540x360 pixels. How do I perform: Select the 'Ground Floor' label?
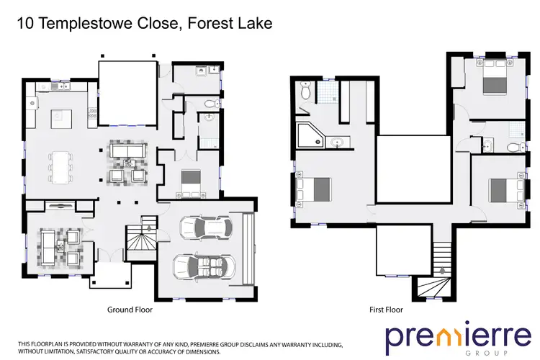point(130,310)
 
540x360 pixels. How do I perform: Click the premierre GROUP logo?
point(447,338)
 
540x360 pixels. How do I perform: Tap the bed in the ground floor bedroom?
point(191,177)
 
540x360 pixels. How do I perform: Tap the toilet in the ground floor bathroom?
point(210,102)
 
